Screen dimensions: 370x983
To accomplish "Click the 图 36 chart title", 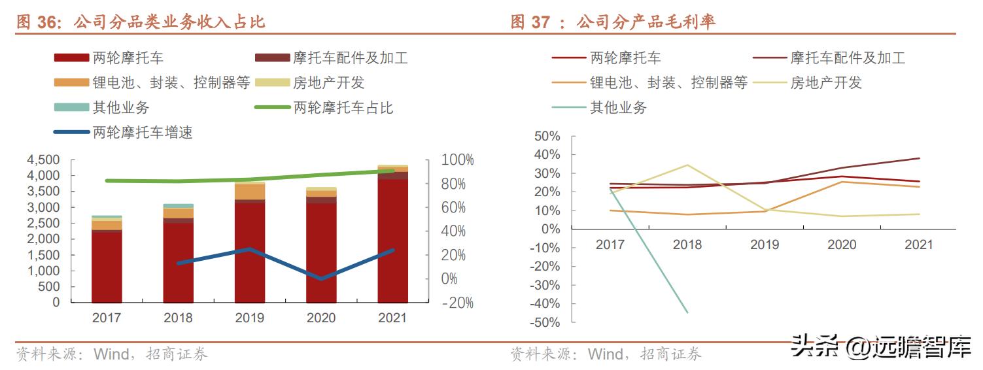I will tap(141, 22).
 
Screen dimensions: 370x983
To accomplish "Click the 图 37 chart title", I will tap(613, 22).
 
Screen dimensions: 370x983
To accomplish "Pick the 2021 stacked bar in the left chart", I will tap(392, 239).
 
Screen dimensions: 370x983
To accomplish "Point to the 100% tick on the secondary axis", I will tap(457, 160).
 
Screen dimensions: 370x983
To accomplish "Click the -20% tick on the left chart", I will tap(457, 303).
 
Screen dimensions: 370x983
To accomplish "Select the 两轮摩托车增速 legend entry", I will tap(124, 133).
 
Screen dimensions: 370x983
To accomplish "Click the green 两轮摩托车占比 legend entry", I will tap(324, 107).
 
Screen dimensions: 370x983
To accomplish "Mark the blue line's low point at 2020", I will tap(321, 278).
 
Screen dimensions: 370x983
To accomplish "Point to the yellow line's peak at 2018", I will tap(687, 165).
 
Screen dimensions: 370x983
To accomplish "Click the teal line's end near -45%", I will tap(687, 312).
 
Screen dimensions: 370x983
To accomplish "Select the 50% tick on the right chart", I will tap(547, 137).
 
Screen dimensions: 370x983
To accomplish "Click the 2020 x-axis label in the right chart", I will tap(841, 244).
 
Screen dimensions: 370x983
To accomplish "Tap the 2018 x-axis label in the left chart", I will tap(178, 318).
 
